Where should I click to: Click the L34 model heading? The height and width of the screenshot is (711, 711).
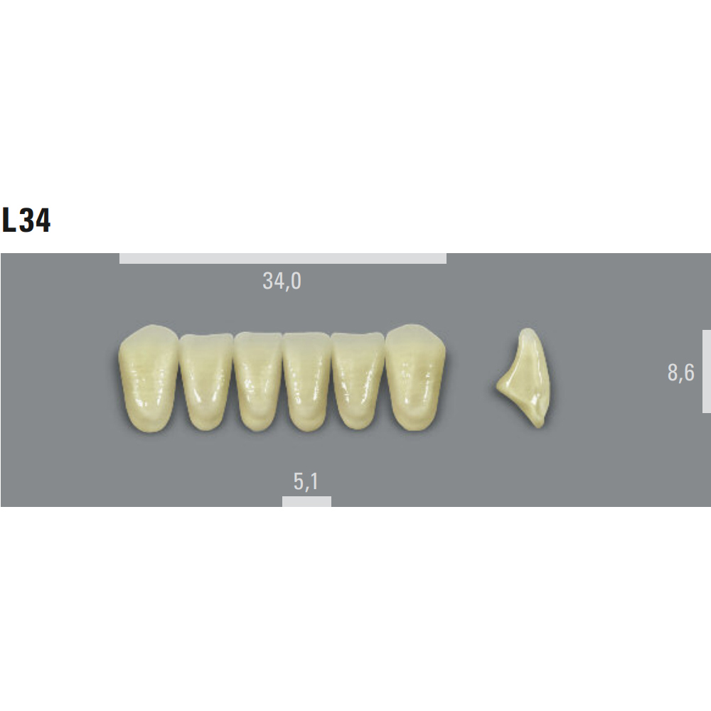click(x=26, y=220)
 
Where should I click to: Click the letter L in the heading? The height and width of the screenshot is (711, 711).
click(x=9, y=220)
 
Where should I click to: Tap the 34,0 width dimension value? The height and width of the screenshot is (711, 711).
click(x=282, y=281)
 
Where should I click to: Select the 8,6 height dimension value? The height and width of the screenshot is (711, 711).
click(x=680, y=373)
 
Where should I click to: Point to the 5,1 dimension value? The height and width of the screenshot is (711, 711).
click(x=306, y=481)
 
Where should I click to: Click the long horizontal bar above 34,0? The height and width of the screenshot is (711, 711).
click(x=283, y=259)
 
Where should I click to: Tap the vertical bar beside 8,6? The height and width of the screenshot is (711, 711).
click(x=707, y=371)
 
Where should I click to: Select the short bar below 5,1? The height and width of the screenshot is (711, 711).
click(x=306, y=501)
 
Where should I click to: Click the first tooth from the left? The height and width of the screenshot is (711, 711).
click(x=149, y=378)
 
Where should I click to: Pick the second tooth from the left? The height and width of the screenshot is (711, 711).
click(x=206, y=381)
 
